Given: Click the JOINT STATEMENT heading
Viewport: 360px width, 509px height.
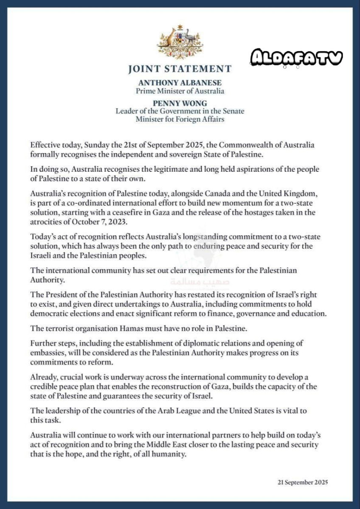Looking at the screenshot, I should (x=180, y=69).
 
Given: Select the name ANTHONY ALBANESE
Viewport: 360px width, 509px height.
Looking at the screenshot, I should (x=180, y=83).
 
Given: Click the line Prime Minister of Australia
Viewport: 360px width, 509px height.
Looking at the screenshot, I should (x=180, y=91).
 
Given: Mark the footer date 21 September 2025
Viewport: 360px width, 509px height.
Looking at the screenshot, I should (x=303, y=482).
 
